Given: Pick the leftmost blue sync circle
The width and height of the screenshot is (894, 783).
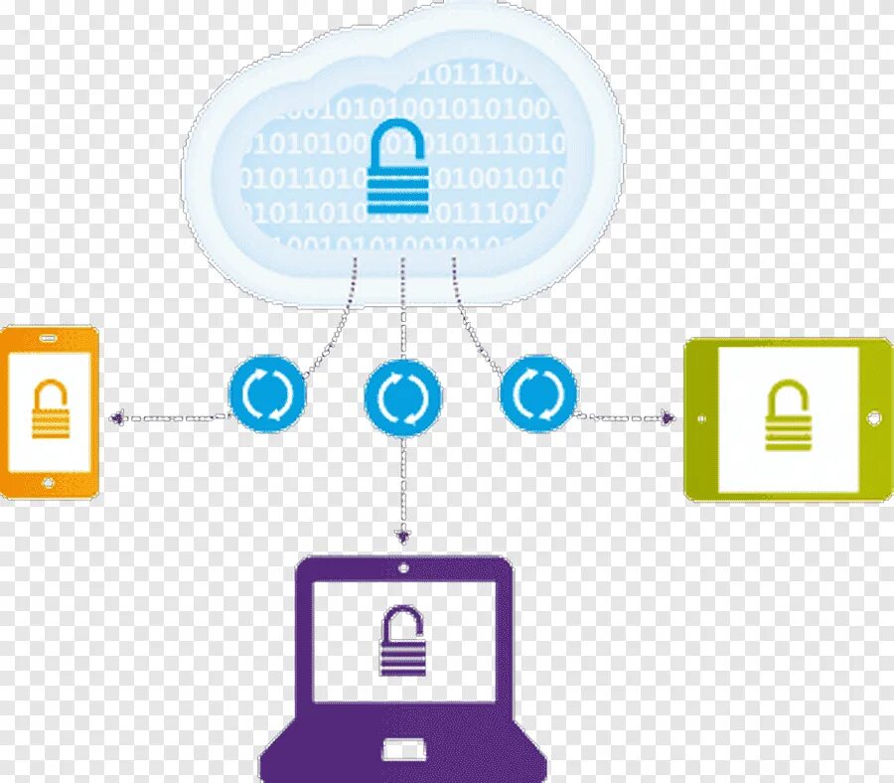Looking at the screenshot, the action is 268,394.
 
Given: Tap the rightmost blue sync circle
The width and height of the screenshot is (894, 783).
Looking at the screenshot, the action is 537,394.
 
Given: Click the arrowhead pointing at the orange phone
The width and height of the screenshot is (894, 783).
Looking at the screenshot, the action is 115,418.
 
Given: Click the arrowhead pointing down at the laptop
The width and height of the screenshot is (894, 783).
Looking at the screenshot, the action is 402,538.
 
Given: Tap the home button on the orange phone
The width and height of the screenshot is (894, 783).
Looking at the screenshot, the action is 48,483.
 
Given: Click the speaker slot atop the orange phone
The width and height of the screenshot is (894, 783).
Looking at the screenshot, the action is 48,339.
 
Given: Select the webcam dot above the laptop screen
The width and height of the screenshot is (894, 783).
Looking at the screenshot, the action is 402,568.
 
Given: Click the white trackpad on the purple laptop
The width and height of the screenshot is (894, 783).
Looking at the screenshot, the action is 403,750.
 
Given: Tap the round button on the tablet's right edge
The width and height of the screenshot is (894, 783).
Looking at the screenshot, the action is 874,418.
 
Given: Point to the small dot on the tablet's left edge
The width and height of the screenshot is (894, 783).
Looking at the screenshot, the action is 700,418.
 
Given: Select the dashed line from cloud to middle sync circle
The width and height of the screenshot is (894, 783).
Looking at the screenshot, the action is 402,308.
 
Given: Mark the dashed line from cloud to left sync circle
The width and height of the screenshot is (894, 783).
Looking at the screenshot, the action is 338,318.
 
